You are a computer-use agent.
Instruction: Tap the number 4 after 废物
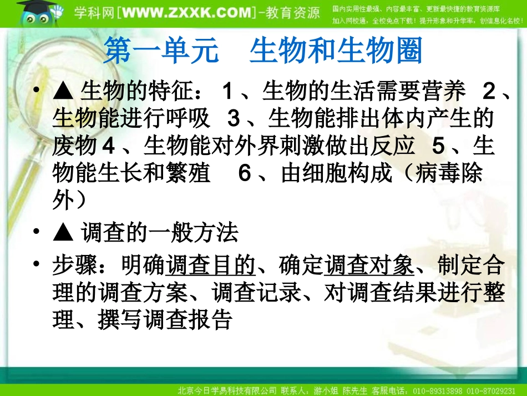109,146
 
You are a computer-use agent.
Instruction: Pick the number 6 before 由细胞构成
245,173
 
